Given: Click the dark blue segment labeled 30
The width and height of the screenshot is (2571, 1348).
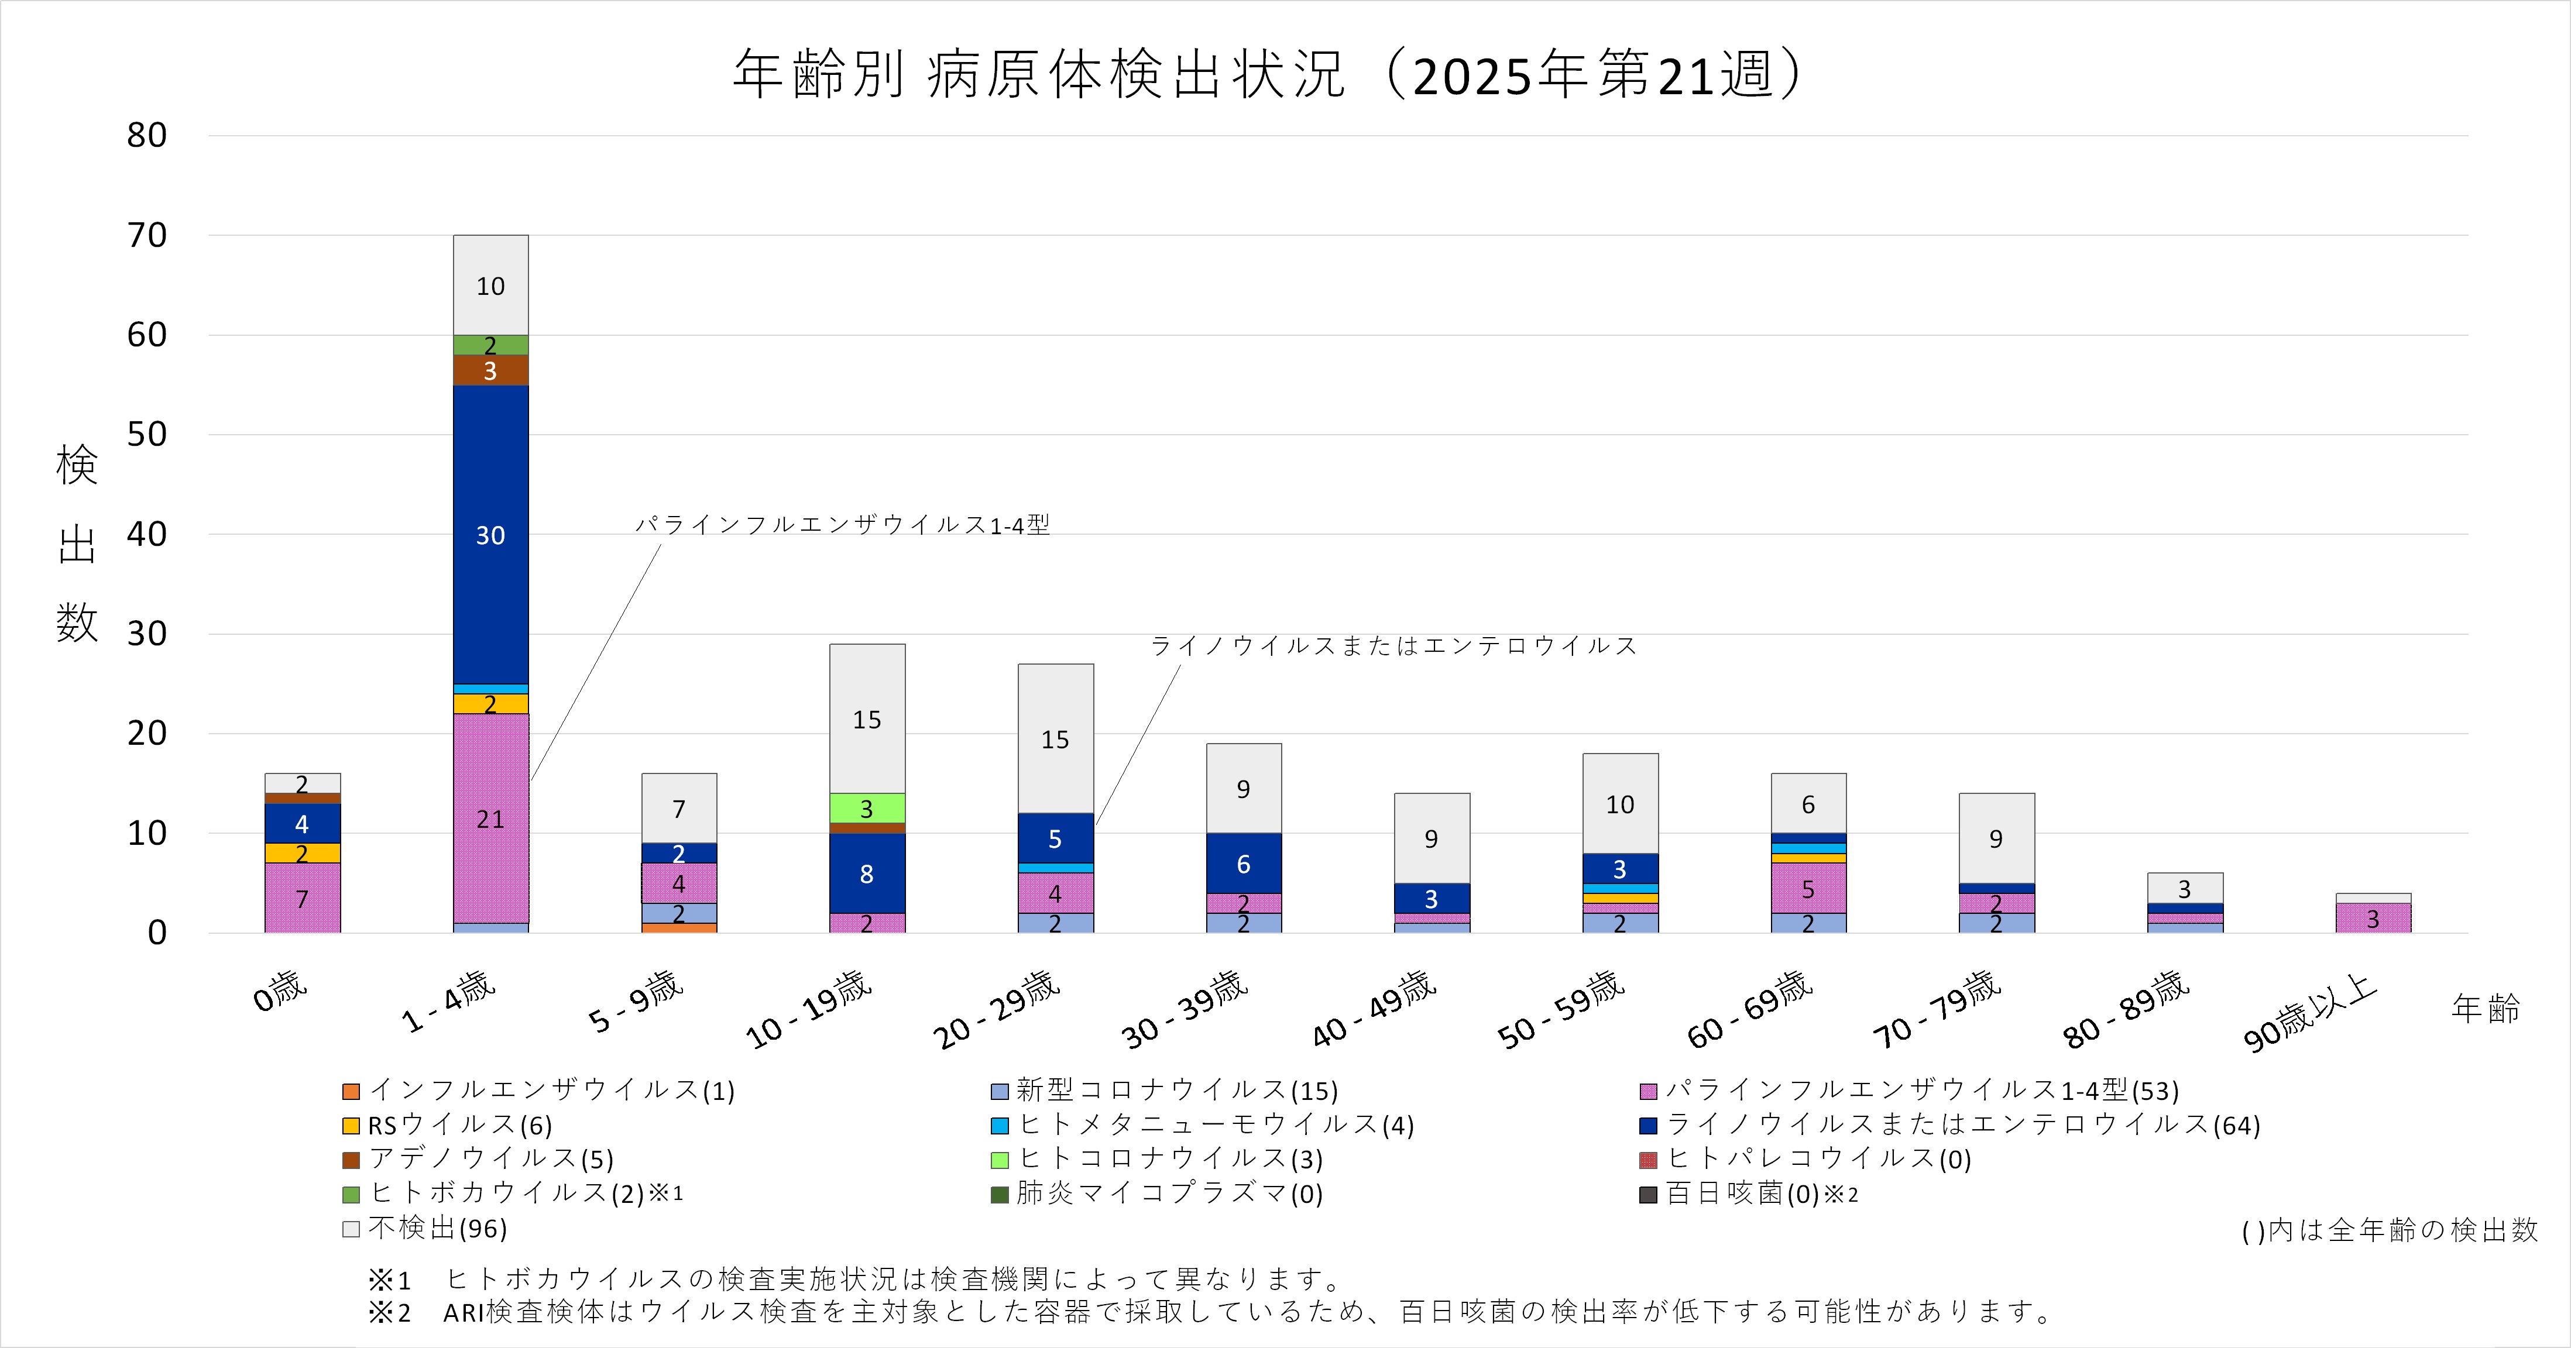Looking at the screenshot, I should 490,535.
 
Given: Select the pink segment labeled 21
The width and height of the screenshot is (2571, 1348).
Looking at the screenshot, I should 490,818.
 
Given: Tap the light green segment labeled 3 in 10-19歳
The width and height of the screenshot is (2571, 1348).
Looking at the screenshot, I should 866,807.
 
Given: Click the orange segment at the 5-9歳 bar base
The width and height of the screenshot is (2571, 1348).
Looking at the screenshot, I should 679,928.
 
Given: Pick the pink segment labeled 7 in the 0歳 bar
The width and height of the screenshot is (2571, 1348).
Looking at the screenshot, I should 301,898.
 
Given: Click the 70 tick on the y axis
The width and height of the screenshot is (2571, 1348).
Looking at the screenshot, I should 147,235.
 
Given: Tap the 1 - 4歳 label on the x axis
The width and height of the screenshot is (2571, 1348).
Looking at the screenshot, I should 448,1002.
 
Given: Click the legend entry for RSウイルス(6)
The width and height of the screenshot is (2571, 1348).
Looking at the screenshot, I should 459,1126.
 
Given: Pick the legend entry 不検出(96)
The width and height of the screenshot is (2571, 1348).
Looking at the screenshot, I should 437,1228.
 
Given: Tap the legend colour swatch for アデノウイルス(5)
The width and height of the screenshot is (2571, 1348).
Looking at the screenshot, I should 351,1160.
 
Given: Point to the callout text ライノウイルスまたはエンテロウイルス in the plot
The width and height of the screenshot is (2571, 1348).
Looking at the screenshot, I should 1393,645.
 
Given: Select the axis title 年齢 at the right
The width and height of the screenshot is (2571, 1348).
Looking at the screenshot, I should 2484,1007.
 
